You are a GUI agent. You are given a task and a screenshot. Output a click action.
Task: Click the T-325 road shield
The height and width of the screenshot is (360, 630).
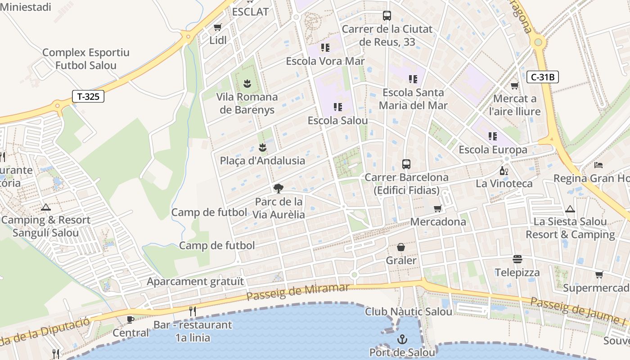tap(88, 96)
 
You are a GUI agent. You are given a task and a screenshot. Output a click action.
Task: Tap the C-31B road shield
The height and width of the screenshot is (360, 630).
tap(542, 77)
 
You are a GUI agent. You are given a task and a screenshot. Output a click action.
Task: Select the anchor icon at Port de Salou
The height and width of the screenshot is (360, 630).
tap(402, 339)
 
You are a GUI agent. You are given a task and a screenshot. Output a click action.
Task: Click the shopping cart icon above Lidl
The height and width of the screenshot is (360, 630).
tap(218, 27)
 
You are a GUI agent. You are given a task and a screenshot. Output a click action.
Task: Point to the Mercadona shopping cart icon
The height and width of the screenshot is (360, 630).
tap(437, 208)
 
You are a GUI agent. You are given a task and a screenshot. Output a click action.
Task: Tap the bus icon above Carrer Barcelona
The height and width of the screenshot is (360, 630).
tap(406, 164)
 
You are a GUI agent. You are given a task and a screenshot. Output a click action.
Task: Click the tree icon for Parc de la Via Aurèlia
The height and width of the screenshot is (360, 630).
tap(279, 188)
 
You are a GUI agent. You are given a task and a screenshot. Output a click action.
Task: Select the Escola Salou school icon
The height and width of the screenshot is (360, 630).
tap(337, 107)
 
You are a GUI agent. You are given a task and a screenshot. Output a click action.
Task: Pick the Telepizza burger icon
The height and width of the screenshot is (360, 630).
tap(517, 259)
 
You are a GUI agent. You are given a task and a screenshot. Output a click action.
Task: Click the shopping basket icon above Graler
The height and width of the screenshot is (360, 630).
tap(401, 247)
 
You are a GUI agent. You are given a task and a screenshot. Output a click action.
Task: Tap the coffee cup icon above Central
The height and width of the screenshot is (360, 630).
tap(130, 319)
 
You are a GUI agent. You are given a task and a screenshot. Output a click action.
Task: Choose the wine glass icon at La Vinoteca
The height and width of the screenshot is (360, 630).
tap(504, 171)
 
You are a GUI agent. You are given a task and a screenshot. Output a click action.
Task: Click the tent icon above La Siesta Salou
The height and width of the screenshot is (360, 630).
tap(570, 209)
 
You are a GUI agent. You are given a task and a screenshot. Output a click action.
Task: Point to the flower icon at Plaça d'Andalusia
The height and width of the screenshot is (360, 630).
tap(262, 147)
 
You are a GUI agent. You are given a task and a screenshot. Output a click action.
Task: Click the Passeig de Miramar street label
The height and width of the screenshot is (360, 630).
tap(298, 292)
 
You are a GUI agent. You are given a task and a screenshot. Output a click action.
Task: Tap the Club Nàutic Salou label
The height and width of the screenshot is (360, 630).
tap(409, 311)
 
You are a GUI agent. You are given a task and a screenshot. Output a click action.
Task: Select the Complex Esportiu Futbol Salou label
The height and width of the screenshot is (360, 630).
tap(85, 59)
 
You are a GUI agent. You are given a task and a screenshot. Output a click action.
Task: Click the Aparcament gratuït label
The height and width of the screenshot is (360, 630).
tap(195, 282)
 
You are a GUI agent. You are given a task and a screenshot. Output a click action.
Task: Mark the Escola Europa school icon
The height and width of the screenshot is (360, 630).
tap(493, 136)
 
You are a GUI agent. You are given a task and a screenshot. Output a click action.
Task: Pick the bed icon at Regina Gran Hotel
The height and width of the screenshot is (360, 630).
tap(598, 165)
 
